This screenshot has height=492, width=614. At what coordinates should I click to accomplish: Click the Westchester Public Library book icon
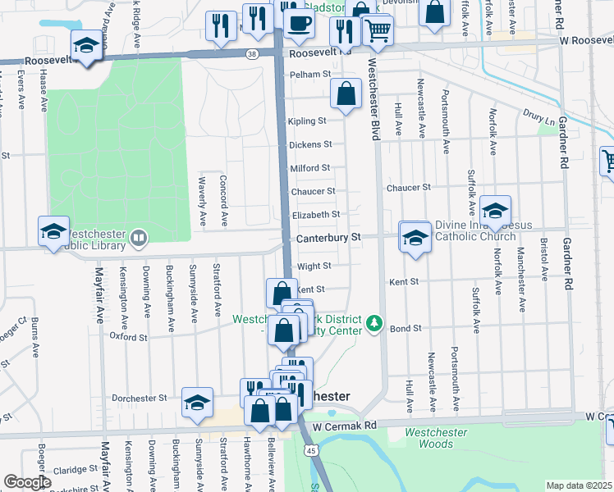[139, 239]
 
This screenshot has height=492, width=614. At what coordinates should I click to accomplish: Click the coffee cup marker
[300, 23]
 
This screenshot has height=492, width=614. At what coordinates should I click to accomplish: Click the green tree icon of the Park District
[374, 323]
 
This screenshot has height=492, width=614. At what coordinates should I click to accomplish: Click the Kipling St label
[307, 121]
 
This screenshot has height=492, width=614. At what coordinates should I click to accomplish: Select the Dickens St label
[310, 144]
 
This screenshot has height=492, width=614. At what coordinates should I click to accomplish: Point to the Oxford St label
[128, 337]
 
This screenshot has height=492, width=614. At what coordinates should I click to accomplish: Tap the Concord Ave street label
[224, 199]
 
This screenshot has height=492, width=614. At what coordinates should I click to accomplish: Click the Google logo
[27, 482]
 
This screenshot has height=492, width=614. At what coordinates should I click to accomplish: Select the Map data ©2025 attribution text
[580, 485]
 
